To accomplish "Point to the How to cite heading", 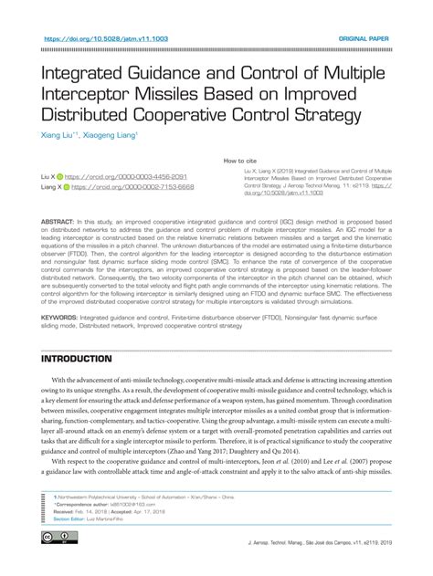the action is click(x=240, y=161).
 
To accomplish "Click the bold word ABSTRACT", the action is click(x=58, y=222).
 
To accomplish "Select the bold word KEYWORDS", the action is click(x=59, y=319).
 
